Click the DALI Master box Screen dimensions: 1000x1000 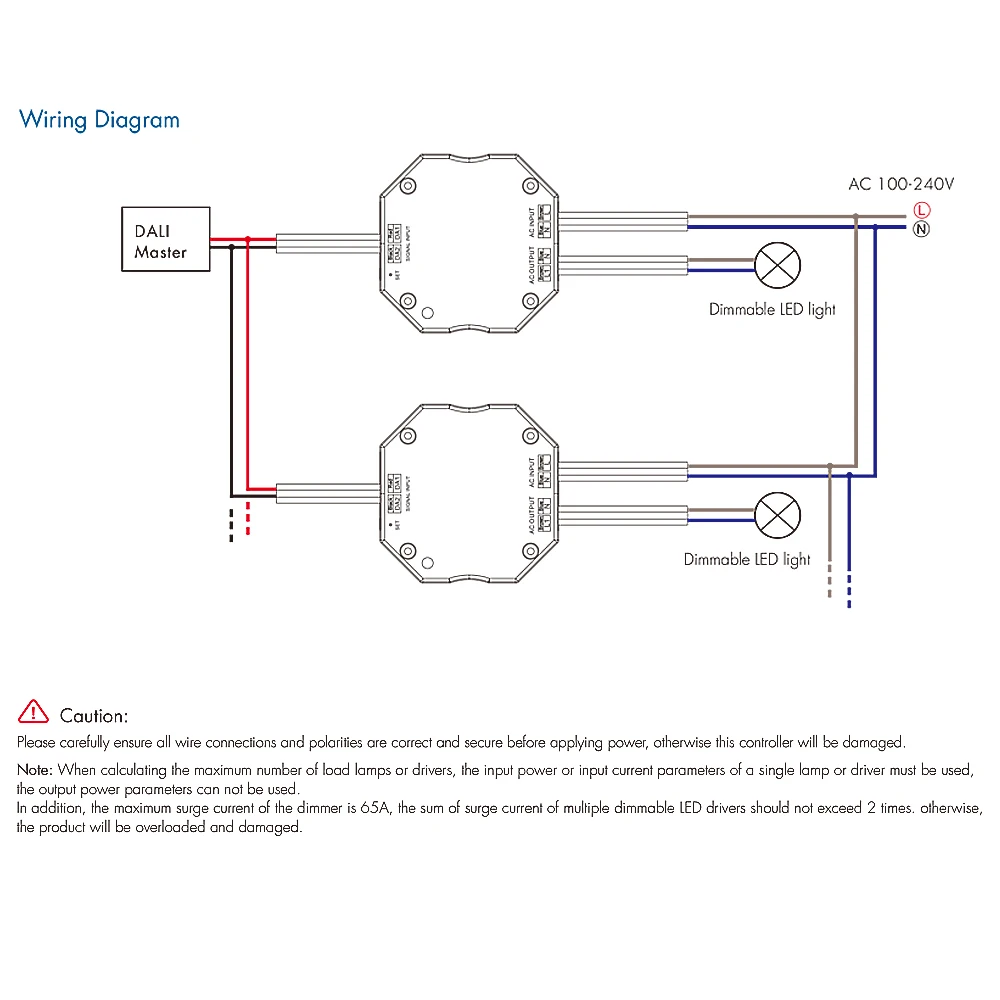165,239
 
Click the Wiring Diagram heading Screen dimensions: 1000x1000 99,120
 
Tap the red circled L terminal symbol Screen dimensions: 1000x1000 921,210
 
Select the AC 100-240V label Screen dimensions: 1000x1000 901,184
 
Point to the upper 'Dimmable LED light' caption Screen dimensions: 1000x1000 772,310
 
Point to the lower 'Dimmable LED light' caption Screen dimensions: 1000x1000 747,560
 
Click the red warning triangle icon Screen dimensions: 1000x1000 33,712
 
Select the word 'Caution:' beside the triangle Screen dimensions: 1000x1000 94,716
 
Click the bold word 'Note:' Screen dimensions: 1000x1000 36,770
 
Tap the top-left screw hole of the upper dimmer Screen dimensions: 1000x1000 408,186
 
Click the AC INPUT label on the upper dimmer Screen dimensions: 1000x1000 532,222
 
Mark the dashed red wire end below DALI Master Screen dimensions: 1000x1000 249,523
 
